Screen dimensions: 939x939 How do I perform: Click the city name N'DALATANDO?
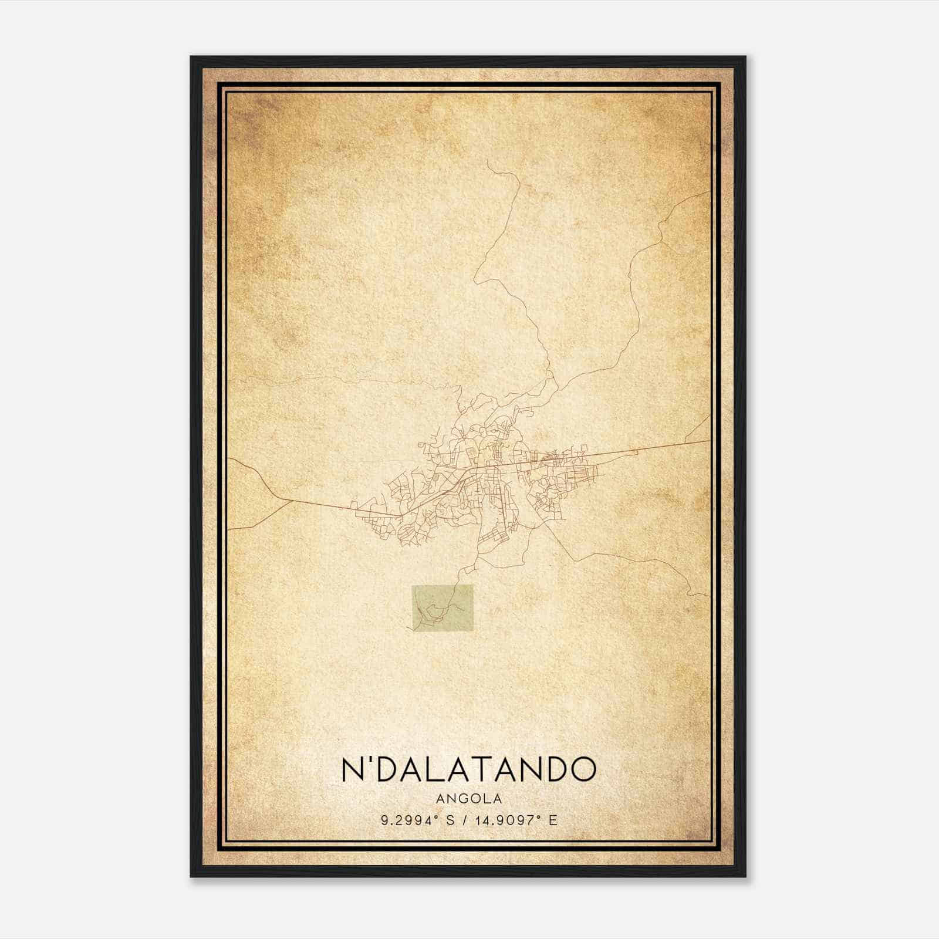tap(468, 769)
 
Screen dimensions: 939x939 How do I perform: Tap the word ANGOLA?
tap(468, 798)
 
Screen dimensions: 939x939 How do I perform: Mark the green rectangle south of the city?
tap(442, 610)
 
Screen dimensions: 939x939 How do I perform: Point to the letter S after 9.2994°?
tap(450, 820)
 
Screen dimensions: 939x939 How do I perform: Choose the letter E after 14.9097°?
tap(552, 820)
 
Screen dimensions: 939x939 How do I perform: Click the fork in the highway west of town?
tap(283, 500)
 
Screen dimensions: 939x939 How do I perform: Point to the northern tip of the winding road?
tap(488, 160)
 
